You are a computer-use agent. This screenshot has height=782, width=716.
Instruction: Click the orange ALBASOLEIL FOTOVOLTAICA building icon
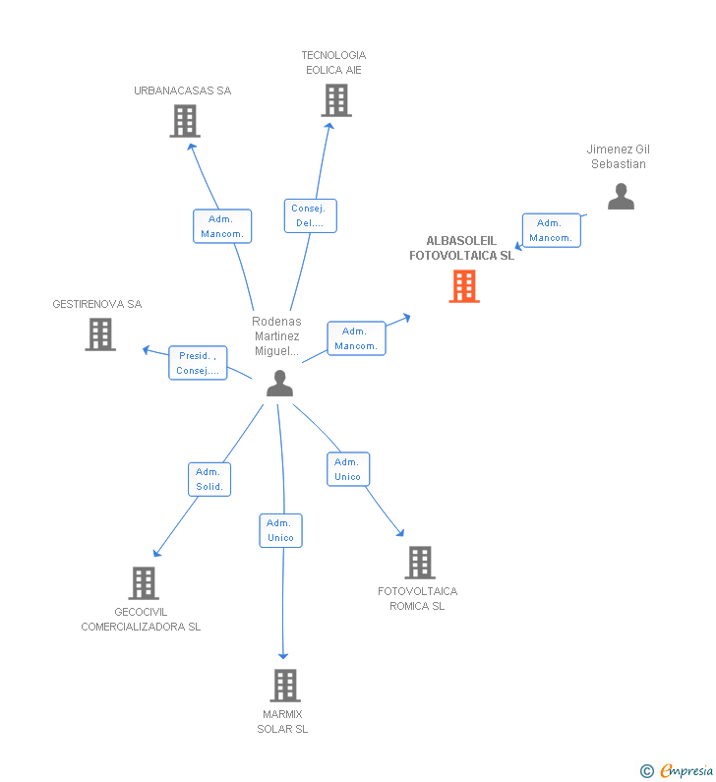coord(464,286)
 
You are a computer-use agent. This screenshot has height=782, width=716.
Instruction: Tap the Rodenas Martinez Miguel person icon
coord(280,384)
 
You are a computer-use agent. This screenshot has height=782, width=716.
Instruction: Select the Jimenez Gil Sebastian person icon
coord(621,197)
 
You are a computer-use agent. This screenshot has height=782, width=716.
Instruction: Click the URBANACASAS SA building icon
coord(185,121)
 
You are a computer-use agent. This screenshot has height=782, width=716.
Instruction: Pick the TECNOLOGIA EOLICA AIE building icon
coord(336,100)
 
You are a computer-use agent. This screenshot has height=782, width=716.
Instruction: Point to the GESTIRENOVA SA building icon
coord(100,334)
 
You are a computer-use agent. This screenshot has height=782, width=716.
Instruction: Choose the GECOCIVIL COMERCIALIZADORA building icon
coord(144,583)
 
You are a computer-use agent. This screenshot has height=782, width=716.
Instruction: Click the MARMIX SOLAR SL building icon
coord(284,685)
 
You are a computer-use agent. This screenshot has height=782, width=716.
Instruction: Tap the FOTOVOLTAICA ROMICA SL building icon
coord(420,563)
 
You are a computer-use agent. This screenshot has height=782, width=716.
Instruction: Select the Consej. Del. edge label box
coord(311,215)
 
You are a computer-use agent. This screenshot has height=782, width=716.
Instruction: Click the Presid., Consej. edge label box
coord(198,363)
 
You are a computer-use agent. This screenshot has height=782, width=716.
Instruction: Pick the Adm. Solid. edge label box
coord(209,479)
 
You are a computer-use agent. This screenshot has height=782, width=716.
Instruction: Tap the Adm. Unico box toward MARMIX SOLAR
coord(281,530)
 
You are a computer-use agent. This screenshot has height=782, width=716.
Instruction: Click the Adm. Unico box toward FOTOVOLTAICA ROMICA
coord(348,469)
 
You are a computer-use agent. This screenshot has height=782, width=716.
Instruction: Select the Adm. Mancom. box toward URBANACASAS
coord(222,226)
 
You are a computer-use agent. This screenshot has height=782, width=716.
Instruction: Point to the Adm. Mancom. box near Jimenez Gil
coord(551,230)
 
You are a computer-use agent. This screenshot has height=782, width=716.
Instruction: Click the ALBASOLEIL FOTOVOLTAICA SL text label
coord(461,248)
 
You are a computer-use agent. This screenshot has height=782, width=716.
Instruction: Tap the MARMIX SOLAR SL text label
coord(282,721)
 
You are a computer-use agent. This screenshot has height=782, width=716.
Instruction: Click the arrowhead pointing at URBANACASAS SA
coord(193,146)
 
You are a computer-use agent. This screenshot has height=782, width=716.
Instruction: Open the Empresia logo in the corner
coord(679,770)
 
